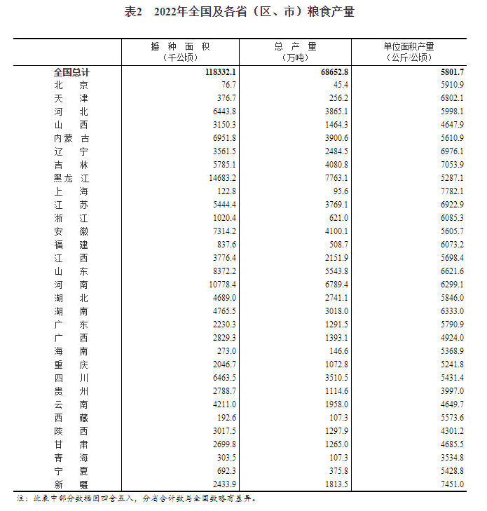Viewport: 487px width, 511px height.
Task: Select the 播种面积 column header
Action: [x=180, y=46]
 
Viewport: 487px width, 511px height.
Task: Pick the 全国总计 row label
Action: [x=71, y=72]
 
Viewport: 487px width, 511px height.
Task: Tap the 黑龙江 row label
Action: [x=71, y=178]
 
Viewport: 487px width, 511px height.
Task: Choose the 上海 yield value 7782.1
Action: [x=448, y=191]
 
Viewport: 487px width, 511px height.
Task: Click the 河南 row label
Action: [x=71, y=285]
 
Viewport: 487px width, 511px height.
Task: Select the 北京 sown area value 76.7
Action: [x=226, y=86]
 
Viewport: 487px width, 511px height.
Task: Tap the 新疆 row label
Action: [x=71, y=484]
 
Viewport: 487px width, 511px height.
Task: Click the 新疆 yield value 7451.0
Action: [x=448, y=484]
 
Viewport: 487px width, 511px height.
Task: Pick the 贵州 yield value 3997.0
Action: [x=448, y=391]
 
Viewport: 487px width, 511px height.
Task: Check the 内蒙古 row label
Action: [x=71, y=138]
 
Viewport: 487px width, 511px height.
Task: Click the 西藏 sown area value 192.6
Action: [x=224, y=418]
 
